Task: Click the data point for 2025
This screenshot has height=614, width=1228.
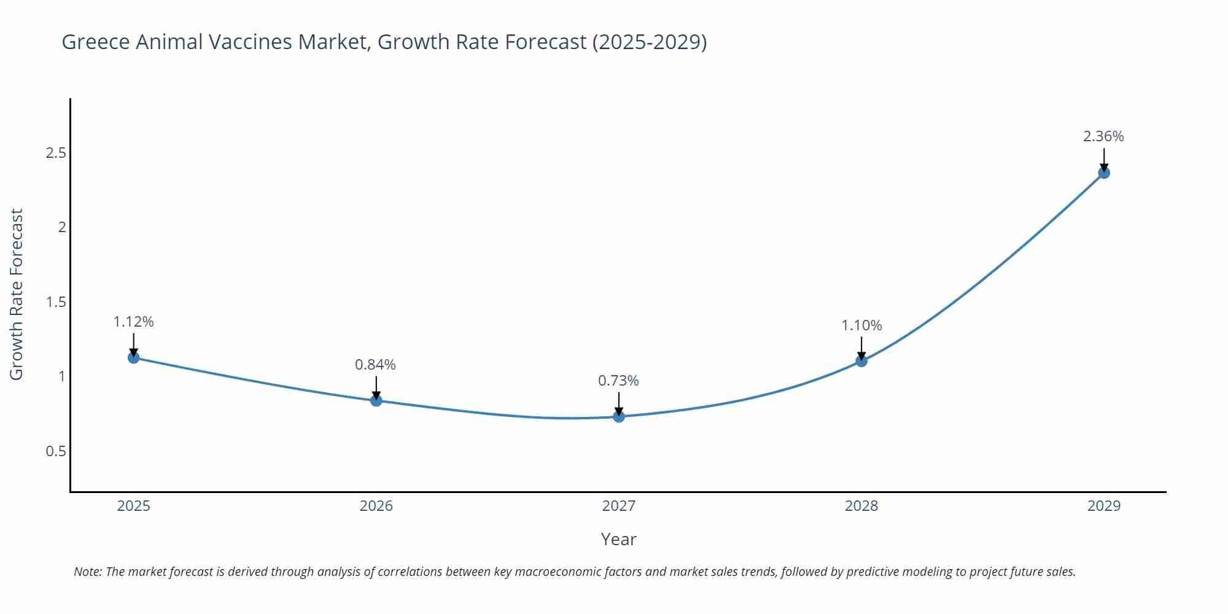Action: [x=133, y=357]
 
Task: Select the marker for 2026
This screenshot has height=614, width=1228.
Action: [x=376, y=400]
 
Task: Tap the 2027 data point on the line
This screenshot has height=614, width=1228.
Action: [x=619, y=416]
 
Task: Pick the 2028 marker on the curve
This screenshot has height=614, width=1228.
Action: [x=861, y=361]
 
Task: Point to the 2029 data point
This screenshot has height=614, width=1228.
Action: [x=1104, y=173]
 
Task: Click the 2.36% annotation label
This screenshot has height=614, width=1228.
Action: [x=1103, y=136]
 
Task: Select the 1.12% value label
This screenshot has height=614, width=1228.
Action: [x=133, y=322]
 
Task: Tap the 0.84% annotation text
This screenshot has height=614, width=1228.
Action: [x=375, y=365]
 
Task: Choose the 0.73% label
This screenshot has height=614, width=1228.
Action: [x=618, y=381]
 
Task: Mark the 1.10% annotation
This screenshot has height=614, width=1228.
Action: [x=861, y=325]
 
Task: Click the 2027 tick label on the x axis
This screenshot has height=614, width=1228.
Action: [x=619, y=506]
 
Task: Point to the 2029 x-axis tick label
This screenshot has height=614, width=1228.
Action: [x=1104, y=506]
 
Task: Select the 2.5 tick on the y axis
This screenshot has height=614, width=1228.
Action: [x=56, y=153]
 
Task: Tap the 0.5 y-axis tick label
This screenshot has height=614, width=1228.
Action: [x=56, y=451]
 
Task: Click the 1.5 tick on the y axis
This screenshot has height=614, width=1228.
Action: [x=56, y=302]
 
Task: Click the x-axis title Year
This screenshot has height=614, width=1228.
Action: [x=618, y=539]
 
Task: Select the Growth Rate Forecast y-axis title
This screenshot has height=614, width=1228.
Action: [x=17, y=294]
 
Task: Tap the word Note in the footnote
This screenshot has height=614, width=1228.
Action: [x=88, y=572]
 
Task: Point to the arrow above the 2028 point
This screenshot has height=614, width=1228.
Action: [x=861, y=348]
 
